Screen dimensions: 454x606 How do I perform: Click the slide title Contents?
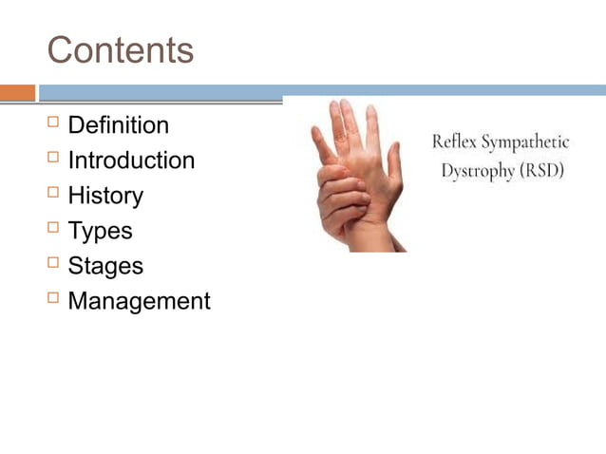(121, 50)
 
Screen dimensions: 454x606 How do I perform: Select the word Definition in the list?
(119, 125)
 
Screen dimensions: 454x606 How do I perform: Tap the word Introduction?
(131, 161)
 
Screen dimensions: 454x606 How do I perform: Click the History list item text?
(105, 196)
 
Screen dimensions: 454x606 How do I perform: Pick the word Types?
(100, 231)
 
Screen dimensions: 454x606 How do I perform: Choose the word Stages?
(105, 266)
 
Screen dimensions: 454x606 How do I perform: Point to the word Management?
(139, 301)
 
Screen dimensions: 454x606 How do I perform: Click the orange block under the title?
(17, 92)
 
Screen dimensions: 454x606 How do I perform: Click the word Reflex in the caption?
(454, 142)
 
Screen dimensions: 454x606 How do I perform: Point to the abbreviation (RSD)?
(541, 173)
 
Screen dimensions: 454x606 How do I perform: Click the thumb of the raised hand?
(323, 142)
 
